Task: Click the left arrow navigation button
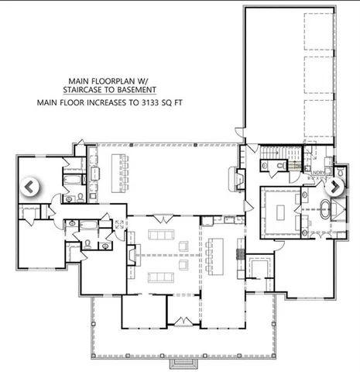(x=29, y=187)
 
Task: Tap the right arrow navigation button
(x=337, y=187)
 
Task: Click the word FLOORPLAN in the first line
(x=122, y=79)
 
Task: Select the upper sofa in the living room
(x=162, y=234)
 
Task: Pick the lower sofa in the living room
(x=162, y=277)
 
